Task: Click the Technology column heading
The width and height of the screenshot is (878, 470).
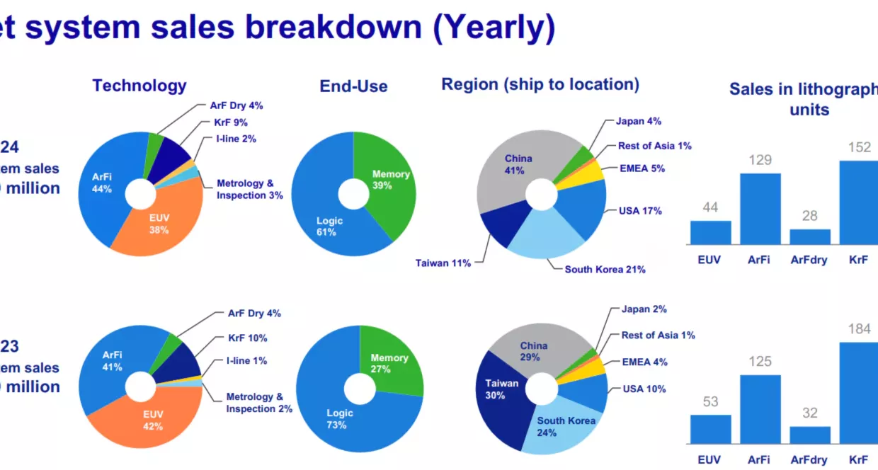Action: pyautogui.click(x=139, y=86)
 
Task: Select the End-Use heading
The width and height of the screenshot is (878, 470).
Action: pyautogui.click(x=353, y=86)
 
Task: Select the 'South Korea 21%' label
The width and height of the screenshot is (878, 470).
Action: pyautogui.click(x=605, y=269)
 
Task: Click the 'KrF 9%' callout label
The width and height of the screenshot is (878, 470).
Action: pyautogui.click(x=231, y=122)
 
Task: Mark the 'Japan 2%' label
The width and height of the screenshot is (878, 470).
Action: pyautogui.click(x=644, y=309)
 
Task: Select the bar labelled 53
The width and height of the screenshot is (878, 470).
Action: pyautogui.click(x=710, y=429)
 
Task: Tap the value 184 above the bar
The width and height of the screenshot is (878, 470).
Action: pyautogui.click(x=859, y=329)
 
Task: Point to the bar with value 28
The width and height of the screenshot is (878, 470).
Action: pyautogui.click(x=809, y=236)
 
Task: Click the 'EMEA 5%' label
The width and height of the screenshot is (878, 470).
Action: pyautogui.click(x=642, y=168)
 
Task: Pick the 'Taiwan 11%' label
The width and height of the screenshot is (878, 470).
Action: pyautogui.click(x=443, y=263)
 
